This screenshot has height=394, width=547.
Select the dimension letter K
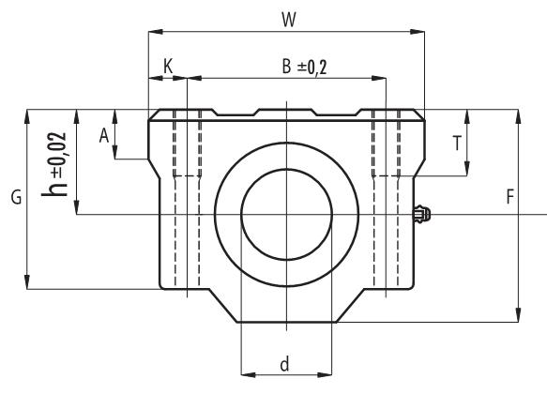(x=168, y=66)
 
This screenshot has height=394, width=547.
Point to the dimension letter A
(x=105, y=135)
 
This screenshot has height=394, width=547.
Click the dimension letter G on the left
(x=14, y=200)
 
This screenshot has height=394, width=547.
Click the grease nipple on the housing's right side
(x=422, y=215)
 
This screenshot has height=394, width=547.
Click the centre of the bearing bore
(x=286, y=215)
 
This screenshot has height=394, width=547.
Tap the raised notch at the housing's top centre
(x=286, y=112)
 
